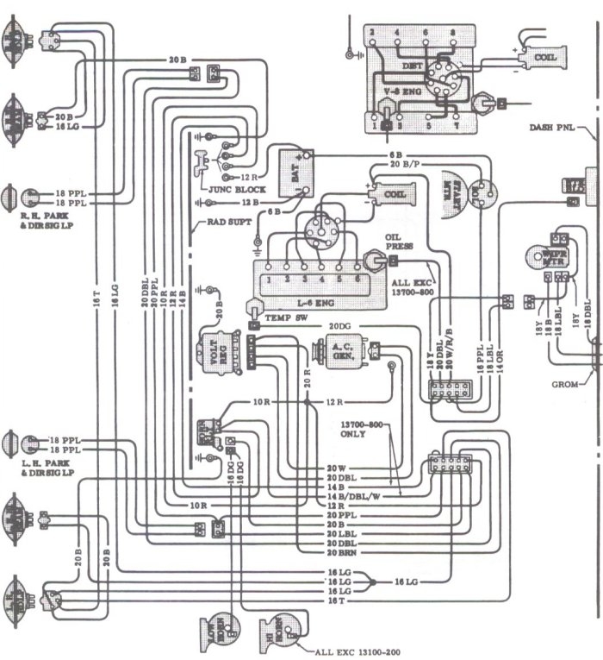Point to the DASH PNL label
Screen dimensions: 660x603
click(x=552, y=129)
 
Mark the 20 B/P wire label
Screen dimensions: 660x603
click(x=403, y=163)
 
